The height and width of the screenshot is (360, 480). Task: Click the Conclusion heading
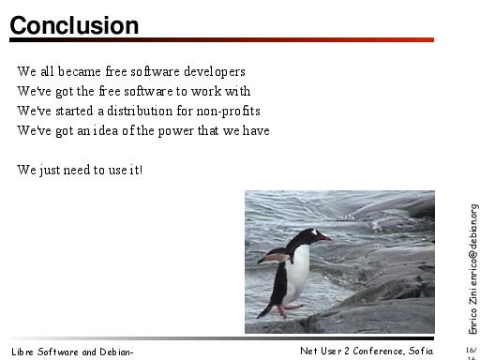(74, 25)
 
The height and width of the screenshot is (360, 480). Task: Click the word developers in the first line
(215, 72)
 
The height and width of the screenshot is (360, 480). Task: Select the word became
(80, 71)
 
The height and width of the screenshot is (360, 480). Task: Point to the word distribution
(140, 111)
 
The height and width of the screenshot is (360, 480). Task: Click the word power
(176, 131)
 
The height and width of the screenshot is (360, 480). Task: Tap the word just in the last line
(50, 171)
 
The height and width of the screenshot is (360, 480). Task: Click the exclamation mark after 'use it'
(142, 170)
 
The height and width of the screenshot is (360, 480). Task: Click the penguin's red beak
(323, 237)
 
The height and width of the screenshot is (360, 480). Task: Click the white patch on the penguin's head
(314, 232)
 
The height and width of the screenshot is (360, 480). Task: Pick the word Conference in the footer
(378, 351)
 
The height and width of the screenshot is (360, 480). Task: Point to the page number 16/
(472, 350)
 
